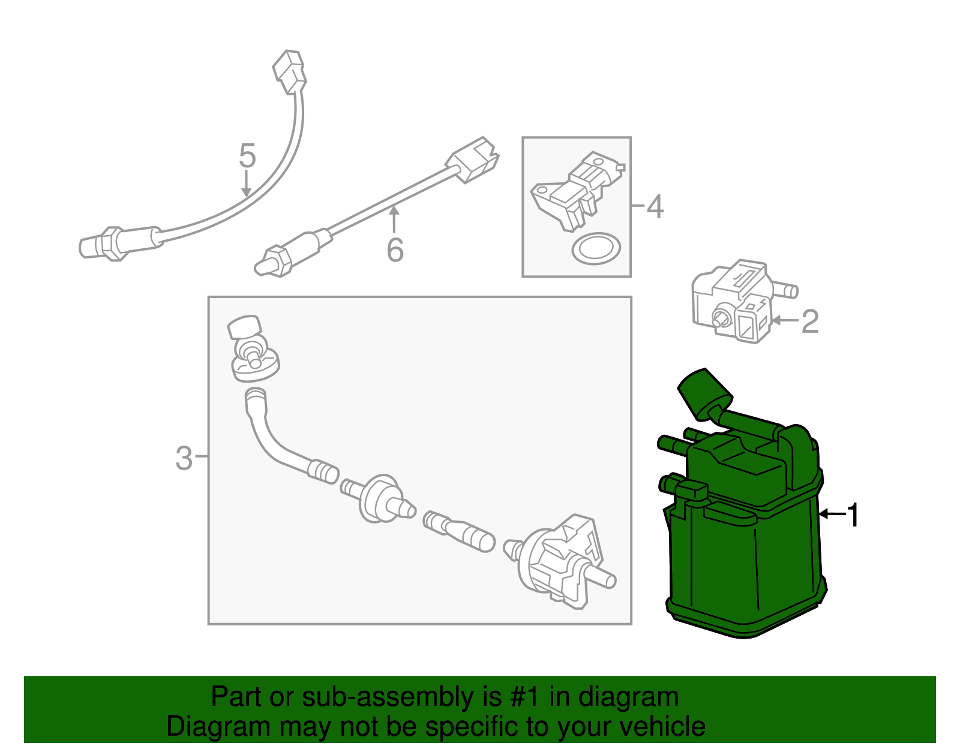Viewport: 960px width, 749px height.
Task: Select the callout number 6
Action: click(x=395, y=250)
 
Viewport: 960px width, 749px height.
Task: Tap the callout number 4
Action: click(x=655, y=207)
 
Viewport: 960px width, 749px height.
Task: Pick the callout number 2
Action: click(x=809, y=321)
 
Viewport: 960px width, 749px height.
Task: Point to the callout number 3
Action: click(x=184, y=459)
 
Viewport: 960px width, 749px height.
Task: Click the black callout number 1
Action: click(x=853, y=515)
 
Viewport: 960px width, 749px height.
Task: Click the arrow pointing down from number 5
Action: click(x=247, y=184)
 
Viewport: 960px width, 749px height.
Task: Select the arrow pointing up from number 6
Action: click(x=394, y=218)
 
